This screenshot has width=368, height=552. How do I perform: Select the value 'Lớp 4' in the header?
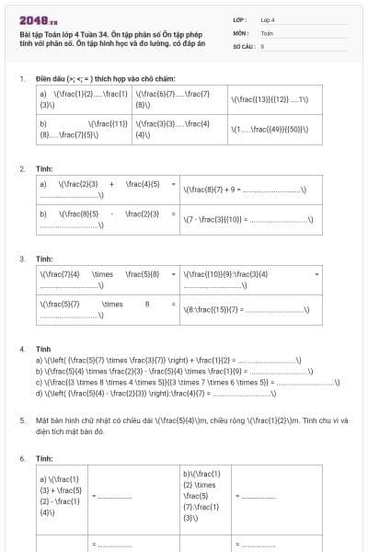click(268, 18)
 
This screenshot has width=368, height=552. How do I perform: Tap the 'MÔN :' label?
click(242, 32)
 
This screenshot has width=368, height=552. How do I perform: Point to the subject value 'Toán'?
click(267, 32)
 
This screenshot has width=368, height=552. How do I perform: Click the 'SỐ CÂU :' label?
click(244, 45)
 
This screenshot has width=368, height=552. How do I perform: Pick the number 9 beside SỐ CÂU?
click(262, 45)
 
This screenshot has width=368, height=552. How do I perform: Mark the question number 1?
click(21, 78)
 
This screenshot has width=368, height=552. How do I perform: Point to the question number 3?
click(21, 260)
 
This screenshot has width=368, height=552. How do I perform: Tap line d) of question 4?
click(156, 393)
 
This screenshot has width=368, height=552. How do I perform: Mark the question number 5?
click(21, 420)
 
